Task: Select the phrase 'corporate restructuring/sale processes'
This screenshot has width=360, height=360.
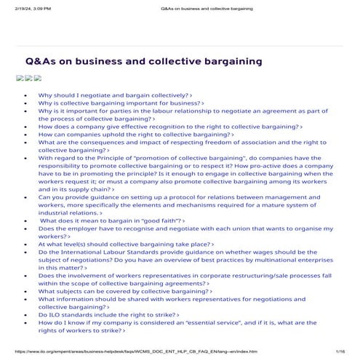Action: (239, 276)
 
